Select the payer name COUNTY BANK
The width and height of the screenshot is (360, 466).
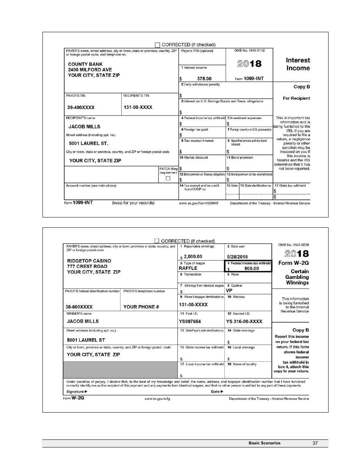85,64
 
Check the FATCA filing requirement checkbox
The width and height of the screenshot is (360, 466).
168,178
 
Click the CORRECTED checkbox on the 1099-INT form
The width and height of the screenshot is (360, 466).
158,45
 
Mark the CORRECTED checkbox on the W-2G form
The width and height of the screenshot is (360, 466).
157,241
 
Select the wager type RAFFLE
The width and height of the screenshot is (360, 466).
188,268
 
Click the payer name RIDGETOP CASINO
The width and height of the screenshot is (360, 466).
89,261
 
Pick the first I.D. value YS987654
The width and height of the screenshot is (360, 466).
190,322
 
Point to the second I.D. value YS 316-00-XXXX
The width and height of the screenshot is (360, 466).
244,322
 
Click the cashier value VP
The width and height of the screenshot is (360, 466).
229,291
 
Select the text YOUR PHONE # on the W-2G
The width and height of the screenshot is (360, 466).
141,307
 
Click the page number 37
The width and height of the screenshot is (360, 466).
315,443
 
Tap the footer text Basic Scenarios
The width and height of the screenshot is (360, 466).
265,443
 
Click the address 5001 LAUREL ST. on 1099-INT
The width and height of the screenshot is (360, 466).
88,144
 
